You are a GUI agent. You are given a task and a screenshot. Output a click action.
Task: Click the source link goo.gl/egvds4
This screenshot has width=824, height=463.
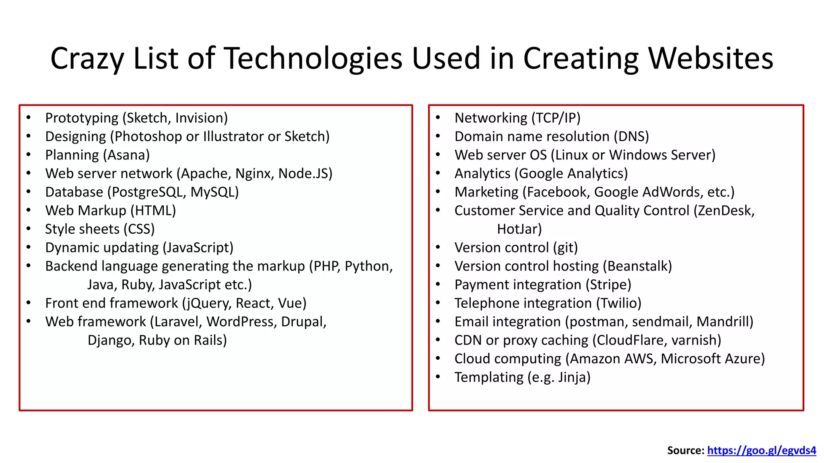tap(761, 451)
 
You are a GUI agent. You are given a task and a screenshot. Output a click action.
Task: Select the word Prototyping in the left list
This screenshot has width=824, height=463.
tap(82, 118)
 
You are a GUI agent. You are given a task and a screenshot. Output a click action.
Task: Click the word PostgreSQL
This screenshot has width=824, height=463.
tap(147, 192)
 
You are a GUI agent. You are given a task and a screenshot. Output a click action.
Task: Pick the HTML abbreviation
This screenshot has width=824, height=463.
tap(153, 211)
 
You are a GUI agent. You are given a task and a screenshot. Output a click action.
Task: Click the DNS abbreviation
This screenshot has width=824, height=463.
tap(631, 137)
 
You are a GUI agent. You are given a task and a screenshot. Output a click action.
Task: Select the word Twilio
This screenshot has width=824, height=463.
tap(618, 303)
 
